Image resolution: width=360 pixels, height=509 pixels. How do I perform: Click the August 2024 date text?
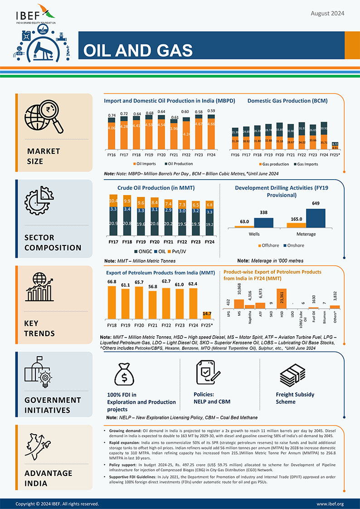tap(327, 14)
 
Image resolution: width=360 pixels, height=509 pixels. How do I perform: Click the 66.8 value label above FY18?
tap(112, 282)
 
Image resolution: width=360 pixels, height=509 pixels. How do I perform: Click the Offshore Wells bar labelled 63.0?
tap(244, 225)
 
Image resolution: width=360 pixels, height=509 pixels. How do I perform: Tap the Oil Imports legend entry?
tap(144, 164)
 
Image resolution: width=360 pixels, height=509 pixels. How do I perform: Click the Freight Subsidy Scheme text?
tap(295, 398)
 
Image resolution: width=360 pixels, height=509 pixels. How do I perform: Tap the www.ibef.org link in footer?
tap(330, 504)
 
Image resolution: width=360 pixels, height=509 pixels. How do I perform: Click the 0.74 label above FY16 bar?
tap(112, 116)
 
